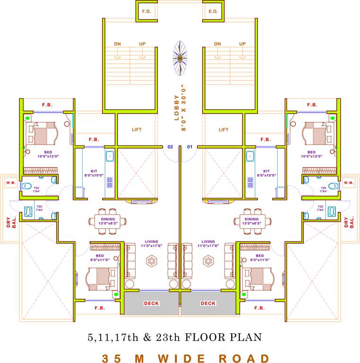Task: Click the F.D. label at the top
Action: click(x=146, y=11)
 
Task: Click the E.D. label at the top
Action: click(x=213, y=11)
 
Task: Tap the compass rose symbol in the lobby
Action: click(x=180, y=59)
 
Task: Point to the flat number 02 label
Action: click(x=170, y=147)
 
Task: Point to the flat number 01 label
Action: click(x=190, y=147)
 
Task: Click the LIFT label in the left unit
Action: click(x=136, y=130)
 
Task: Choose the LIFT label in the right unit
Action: click(x=223, y=130)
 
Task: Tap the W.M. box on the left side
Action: click(x=10, y=182)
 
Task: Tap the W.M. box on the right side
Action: click(x=349, y=182)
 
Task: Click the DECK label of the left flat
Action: click(x=152, y=303)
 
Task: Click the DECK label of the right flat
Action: click(x=208, y=303)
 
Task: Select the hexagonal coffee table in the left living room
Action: click(x=152, y=260)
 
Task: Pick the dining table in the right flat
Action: click(x=252, y=219)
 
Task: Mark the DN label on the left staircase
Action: click(x=118, y=44)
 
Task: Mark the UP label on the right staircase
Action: click(x=242, y=44)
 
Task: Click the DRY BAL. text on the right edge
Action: click(x=349, y=222)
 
